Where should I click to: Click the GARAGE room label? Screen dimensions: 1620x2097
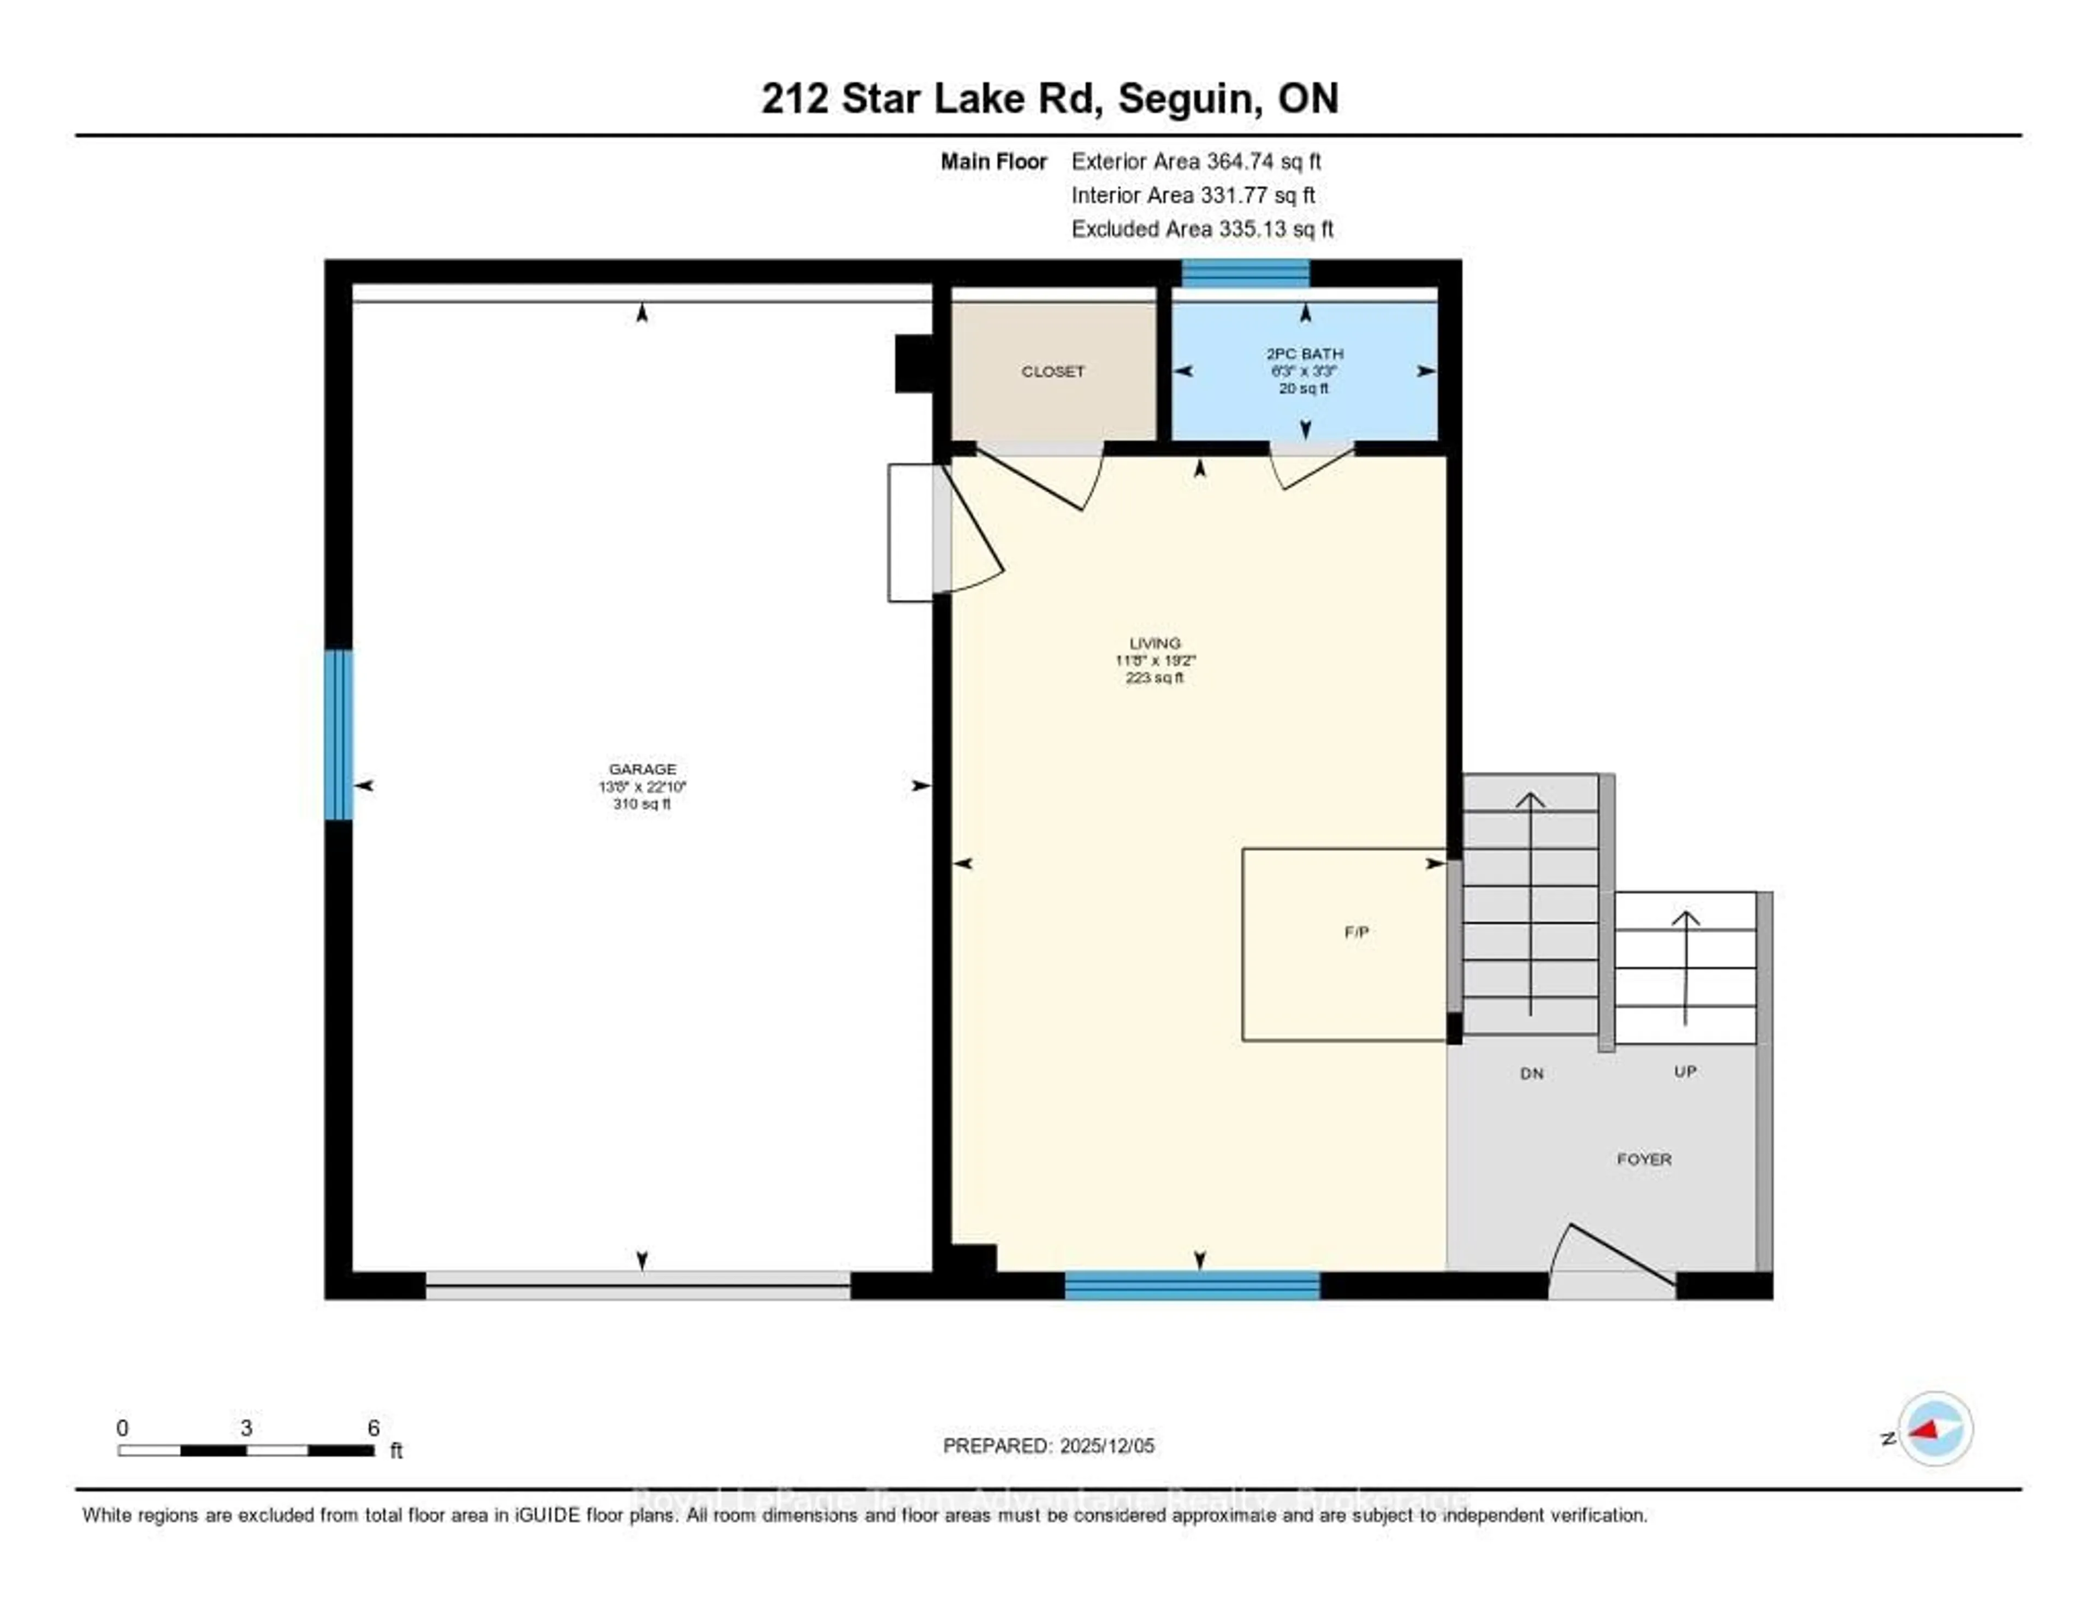[x=642, y=769]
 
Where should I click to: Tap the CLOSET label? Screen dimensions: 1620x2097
[x=1052, y=371]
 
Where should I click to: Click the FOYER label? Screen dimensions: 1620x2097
[x=1644, y=1159]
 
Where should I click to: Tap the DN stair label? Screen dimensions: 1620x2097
[x=1531, y=1074]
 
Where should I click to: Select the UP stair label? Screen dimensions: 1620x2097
[x=1685, y=1072]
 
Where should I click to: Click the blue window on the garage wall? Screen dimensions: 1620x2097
[x=338, y=735]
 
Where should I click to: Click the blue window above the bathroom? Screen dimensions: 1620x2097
[x=1245, y=274]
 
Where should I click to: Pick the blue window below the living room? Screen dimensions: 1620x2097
[x=1192, y=1285]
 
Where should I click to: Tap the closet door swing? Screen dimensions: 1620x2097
[x=1042, y=480]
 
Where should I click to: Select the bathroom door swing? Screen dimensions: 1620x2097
[x=1311, y=466]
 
